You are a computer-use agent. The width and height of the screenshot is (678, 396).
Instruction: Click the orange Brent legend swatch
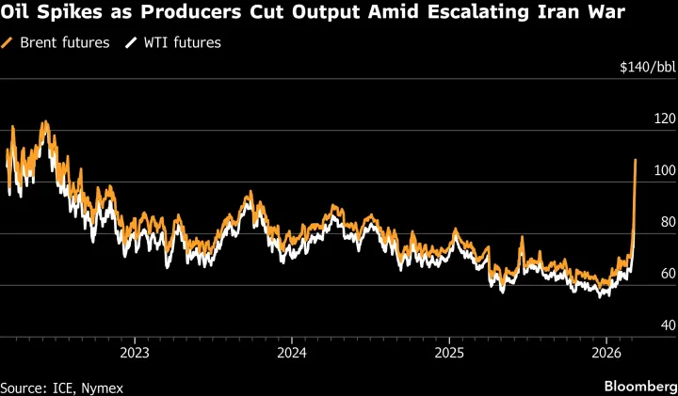(x=8, y=43)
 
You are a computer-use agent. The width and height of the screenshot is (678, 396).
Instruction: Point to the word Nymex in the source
(x=104, y=387)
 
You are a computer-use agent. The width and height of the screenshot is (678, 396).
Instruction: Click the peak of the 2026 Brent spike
(x=636, y=161)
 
